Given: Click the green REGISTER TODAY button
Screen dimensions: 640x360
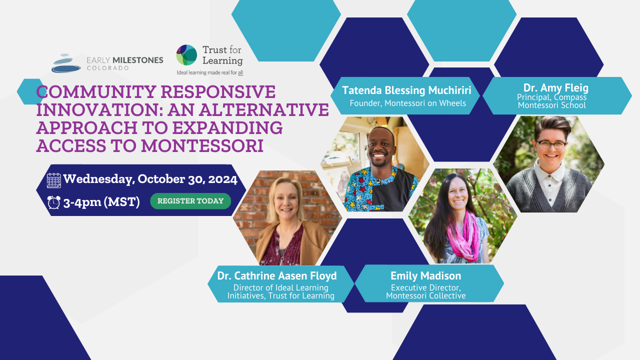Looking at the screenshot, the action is coord(190,201).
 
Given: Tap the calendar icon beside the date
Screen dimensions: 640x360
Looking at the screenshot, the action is coord(53,180).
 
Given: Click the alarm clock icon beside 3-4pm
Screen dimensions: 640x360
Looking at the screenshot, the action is coord(53,202).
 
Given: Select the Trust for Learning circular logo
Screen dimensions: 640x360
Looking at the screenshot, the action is coord(186,55).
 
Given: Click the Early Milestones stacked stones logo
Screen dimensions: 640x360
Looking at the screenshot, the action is coord(66,63).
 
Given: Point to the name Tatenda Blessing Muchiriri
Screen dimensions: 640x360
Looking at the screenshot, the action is coord(406,90).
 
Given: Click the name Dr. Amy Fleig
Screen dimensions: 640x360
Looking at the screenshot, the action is coord(555,87).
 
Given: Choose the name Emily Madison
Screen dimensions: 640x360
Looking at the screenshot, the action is coord(425,275).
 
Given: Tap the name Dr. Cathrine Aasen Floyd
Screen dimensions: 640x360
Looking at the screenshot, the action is coord(277,275).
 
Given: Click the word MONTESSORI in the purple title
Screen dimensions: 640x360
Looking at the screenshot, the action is coord(202,145).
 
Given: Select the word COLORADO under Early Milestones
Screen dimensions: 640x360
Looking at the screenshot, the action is coord(107,68).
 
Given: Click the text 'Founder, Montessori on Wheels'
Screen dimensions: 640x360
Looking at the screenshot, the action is coord(407,103).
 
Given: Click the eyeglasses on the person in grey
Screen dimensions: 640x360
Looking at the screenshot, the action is coord(551,145).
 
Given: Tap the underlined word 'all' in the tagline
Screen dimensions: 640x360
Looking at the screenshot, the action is coord(240,72).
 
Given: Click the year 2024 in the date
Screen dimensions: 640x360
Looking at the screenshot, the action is coord(222,179).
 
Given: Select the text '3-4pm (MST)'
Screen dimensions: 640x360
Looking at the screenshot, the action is coord(101,202).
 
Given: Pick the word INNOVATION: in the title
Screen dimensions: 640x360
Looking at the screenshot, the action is coord(99,110).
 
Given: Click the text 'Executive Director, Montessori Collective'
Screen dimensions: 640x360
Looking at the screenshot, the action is coord(425,291).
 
